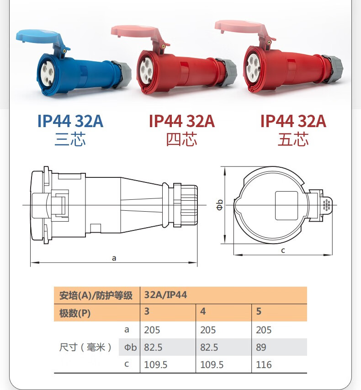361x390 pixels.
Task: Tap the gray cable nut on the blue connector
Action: tap(122, 74)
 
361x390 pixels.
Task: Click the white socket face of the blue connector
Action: tap(47, 74)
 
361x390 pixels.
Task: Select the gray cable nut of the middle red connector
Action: tap(226, 72)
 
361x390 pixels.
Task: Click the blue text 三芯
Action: tap(70, 139)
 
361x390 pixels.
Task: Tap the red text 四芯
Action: tap(182, 139)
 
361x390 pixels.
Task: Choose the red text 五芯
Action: tap(293, 139)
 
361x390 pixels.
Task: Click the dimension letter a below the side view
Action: tap(114, 258)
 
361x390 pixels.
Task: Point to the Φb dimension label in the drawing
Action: tap(219, 205)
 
